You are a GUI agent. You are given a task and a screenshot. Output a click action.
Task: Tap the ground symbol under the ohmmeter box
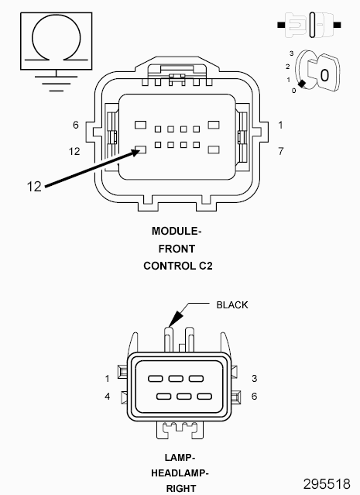click(x=57, y=84)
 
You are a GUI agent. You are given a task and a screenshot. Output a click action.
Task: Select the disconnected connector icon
click(x=309, y=25)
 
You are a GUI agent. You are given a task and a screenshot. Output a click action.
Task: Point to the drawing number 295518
click(x=327, y=483)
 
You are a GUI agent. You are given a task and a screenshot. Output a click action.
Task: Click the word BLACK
click(x=232, y=305)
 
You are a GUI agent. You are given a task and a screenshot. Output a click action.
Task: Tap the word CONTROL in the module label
click(x=170, y=266)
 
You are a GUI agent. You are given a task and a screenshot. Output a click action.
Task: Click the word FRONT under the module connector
click(x=177, y=249)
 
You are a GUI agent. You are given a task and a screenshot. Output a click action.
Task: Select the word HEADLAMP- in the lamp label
click(x=180, y=473)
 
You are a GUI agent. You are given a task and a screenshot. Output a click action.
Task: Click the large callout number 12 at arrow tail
click(x=34, y=187)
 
